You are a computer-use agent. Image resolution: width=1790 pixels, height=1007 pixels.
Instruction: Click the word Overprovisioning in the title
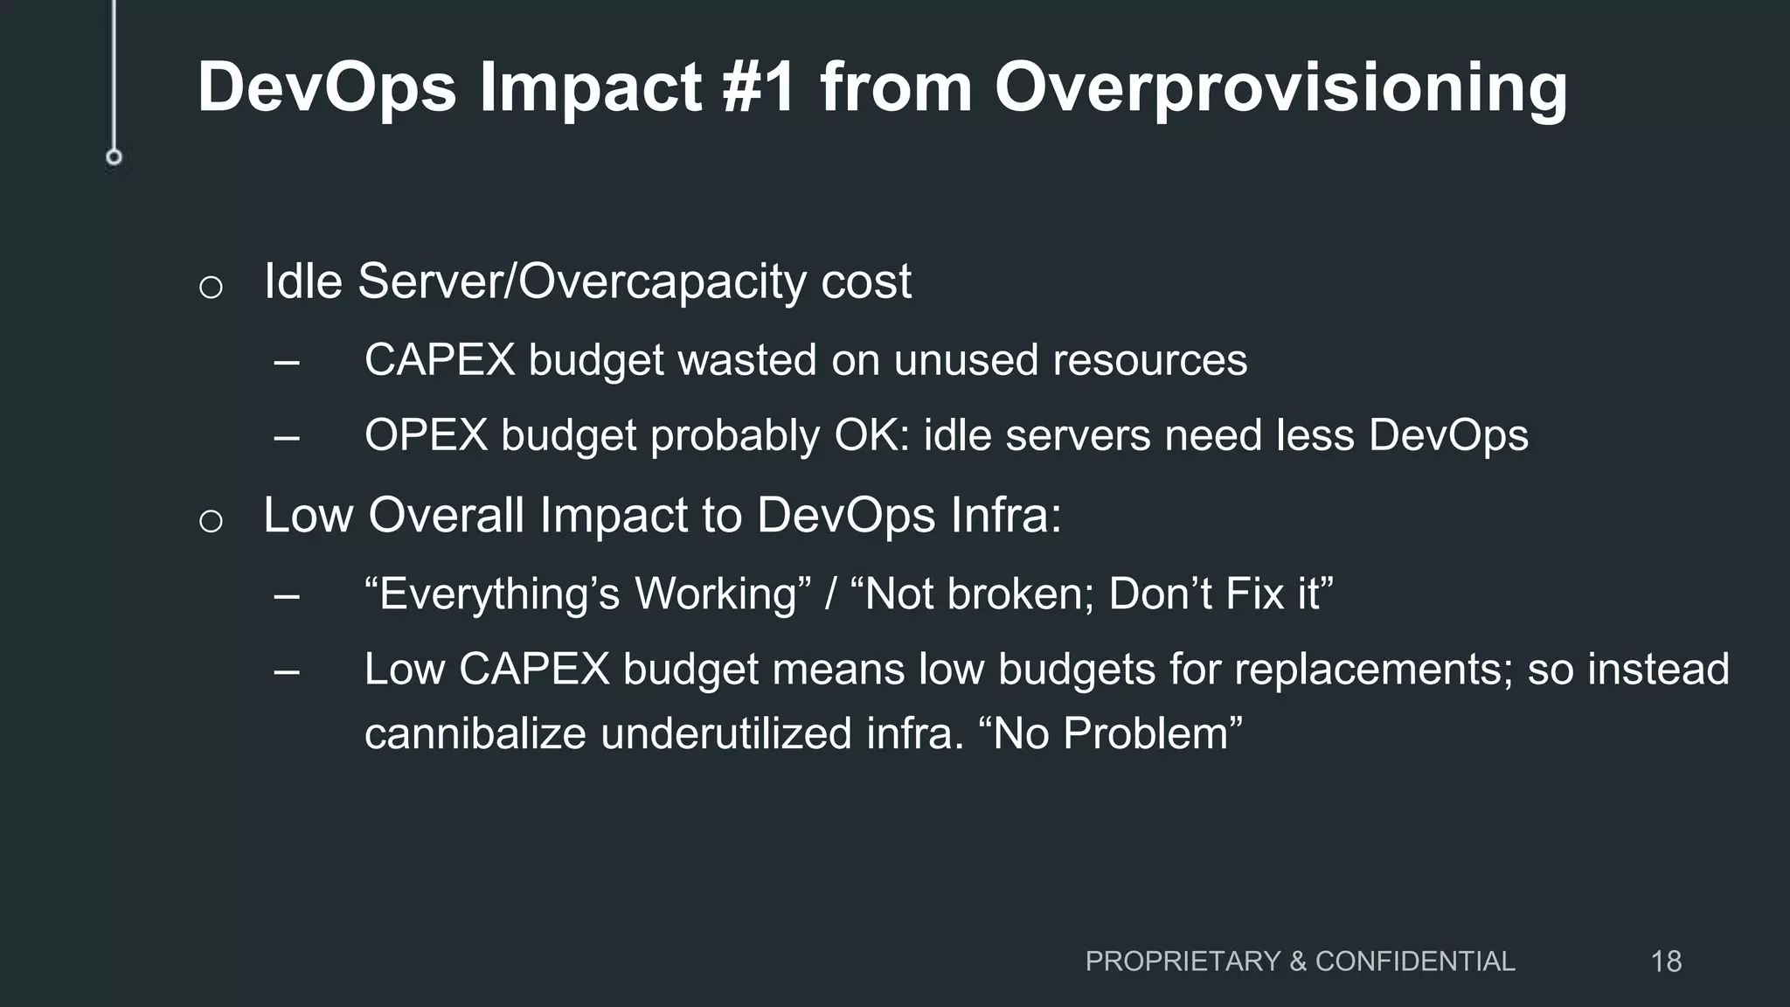pyautogui.click(x=1280, y=88)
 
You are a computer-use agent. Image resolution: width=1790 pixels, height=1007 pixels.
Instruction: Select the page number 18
pyautogui.click(x=1666, y=962)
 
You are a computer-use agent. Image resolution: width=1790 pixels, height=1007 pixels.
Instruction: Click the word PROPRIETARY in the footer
pyautogui.click(x=1183, y=962)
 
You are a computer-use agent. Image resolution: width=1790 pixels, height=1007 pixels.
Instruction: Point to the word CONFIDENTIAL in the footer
pyautogui.click(x=1415, y=962)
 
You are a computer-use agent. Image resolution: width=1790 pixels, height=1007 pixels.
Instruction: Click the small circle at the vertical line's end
pyautogui.click(x=114, y=157)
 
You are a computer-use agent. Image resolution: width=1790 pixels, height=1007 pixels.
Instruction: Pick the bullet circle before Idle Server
pyautogui.click(x=211, y=287)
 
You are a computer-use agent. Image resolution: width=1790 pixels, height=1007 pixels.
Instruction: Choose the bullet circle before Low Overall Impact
pyautogui.click(x=211, y=521)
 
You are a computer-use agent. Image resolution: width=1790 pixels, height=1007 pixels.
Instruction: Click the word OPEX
pyautogui.click(x=426, y=435)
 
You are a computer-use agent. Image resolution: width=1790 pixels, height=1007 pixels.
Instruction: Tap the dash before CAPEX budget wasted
pyautogui.click(x=287, y=361)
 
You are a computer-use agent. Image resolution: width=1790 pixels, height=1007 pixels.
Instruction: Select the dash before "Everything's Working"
pyautogui.click(x=287, y=596)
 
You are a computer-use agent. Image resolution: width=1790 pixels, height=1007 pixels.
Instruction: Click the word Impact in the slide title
pyautogui.click(x=590, y=88)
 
